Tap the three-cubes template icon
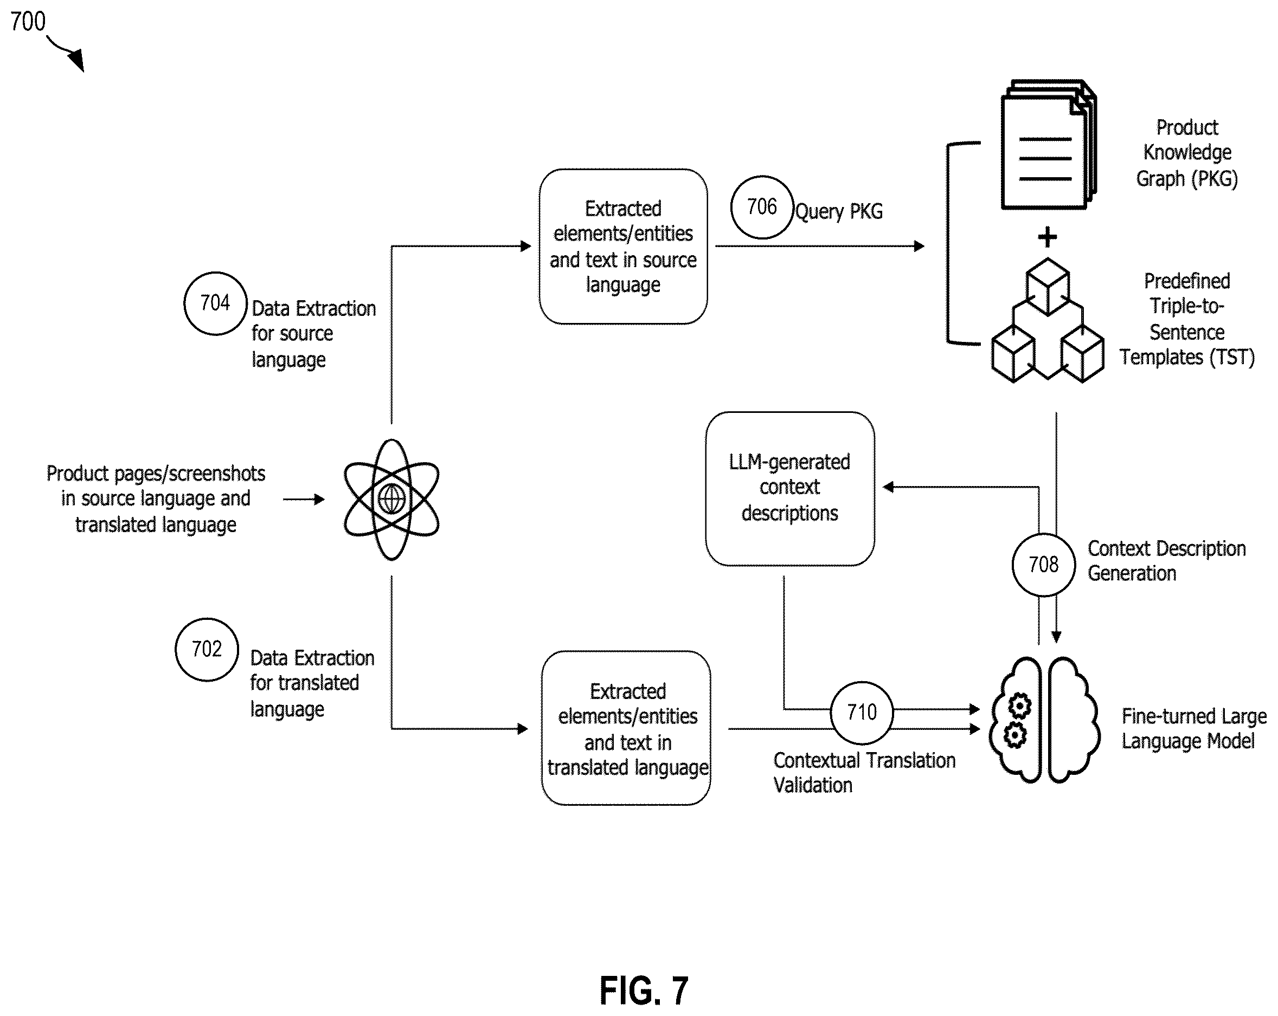click(x=1048, y=320)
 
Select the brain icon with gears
click(x=1044, y=720)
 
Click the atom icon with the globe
click(x=391, y=500)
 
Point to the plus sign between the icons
click(x=1048, y=237)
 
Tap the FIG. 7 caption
click(x=644, y=991)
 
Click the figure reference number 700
click(x=28, y=22)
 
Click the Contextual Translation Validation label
click(x=864, y=773)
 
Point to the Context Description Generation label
click(x=1166, y=561)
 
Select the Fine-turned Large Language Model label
click(x=1194, y=729)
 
